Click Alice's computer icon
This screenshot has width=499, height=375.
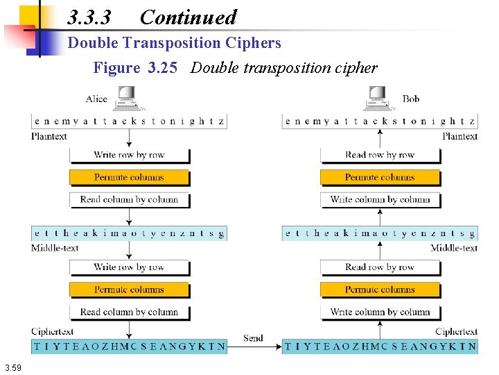coord(128,98)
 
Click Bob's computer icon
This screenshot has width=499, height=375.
coord(378,98)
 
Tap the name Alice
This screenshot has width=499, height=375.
coord(96,99)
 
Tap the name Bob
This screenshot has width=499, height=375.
coord(411,99)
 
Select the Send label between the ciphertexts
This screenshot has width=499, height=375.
coord(253,338)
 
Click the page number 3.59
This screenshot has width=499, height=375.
coord(12,367)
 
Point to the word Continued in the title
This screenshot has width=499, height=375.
coord(188,17)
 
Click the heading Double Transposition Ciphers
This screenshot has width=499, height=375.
coord(174,43)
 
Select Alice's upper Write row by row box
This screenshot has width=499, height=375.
coord(129,155)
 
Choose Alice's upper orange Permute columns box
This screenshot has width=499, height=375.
coord(129,177)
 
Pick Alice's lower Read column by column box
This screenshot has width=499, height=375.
coord(129,312)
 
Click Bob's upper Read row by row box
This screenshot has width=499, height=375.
coord(380,155)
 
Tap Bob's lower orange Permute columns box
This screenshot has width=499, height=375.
coord(380,290)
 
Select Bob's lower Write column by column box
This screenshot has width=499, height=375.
coord(380,312)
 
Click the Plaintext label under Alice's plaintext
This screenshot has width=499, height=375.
coord(49,136)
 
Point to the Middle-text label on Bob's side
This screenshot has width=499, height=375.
coord(454,248)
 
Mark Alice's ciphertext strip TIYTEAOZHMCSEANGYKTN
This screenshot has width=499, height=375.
coord(130,346)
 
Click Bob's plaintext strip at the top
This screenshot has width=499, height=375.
coord(380,121)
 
